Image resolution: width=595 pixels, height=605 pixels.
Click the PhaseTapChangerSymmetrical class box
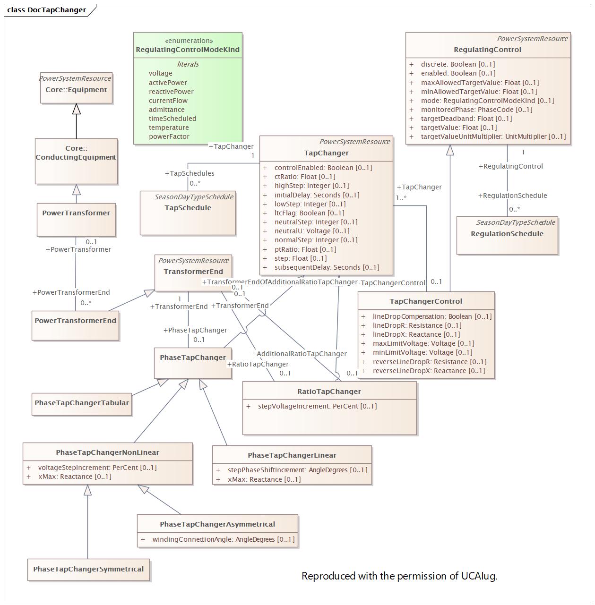tap(88, 569)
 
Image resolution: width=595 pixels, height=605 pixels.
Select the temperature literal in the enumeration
tap(169, 128)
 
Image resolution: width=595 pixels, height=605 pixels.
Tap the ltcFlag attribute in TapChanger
tap(309, 213)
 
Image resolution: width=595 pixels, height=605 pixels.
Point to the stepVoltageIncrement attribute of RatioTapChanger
tap(317, 406)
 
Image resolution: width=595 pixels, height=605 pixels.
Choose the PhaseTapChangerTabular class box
tap(82, 403)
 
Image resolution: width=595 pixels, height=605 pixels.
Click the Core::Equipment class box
tap(76, 90)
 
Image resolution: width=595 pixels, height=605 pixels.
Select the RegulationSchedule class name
tap(507, 234)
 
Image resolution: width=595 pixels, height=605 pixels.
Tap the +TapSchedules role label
tap(190, 173)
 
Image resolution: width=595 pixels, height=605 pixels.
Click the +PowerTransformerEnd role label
tap(71, 292)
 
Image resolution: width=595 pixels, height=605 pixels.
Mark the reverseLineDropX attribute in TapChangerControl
tap(429, 371)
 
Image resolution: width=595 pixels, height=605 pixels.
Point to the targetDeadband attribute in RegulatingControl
tap(466, 119)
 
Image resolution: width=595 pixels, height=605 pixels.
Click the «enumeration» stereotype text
tap(189, 41)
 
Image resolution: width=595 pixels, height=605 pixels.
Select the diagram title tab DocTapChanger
tap(47, 9)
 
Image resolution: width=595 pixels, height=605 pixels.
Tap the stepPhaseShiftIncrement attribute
tap(297, 470)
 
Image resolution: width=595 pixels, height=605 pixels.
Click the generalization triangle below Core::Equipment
tap(76, 109)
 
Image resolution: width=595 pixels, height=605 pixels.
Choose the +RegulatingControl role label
tap(510, 166)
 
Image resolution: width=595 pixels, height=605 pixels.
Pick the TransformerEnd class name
tap(193, 272)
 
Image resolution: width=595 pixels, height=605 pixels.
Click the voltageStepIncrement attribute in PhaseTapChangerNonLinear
tap(97, 468)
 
